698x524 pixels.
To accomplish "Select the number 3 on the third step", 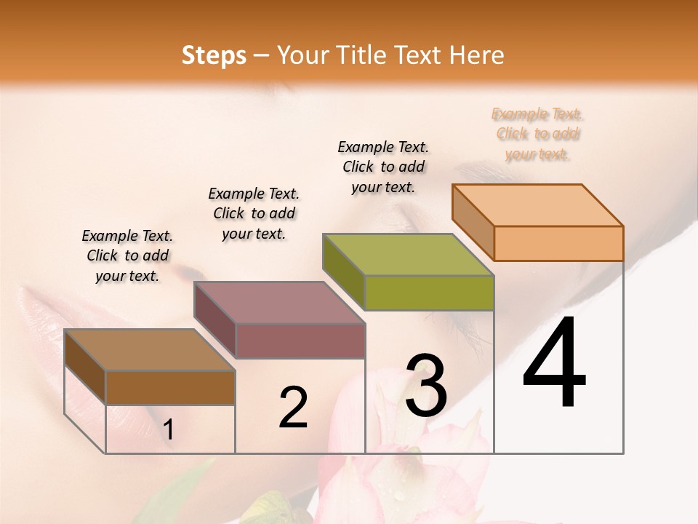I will (426, 386).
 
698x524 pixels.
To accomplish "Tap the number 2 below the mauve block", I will (293, 408).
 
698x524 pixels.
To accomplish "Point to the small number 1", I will (168, 430).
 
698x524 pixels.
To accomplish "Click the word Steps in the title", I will (214, 55).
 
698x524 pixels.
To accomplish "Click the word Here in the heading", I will (477, 55).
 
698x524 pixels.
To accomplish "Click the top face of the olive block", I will (408, 254).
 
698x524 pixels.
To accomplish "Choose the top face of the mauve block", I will (279, 302).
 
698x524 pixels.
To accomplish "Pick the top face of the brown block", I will (150, 349).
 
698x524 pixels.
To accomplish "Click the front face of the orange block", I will (558, 243).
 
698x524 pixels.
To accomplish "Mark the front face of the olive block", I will (429, 293).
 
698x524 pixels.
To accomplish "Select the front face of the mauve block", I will (300, 341).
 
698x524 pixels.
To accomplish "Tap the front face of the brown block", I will (170, 387).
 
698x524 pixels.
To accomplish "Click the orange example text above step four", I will (538, 134).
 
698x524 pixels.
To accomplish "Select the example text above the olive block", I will (383, 167).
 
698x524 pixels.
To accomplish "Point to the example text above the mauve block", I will (254, 213).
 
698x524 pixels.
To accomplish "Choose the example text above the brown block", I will (127, 255).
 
